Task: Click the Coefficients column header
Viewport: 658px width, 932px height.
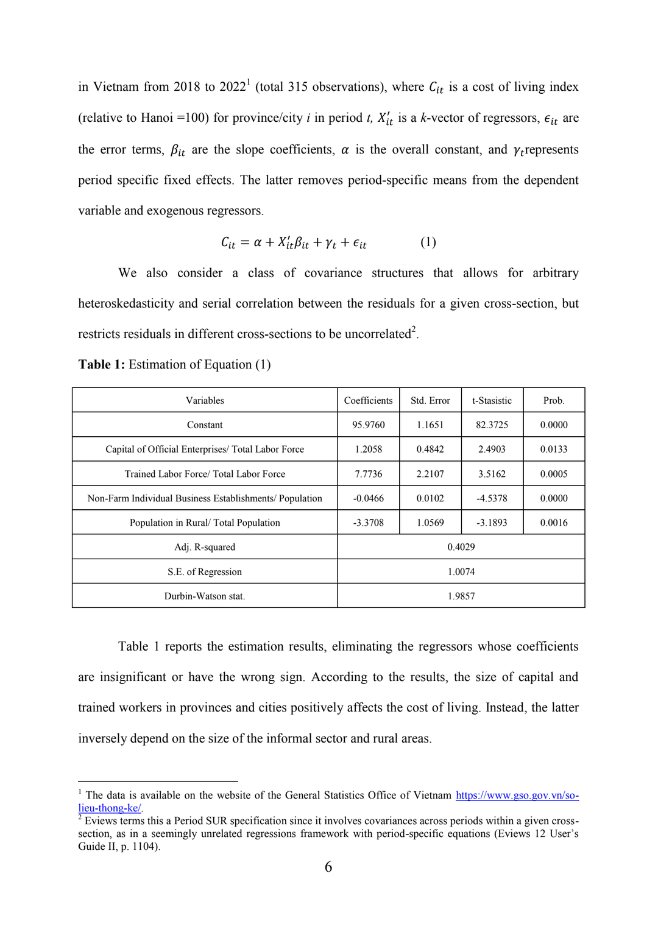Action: click(368, 400)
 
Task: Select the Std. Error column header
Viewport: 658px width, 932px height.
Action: click(430, 400)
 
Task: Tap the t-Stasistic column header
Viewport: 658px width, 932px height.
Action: click(492, 400)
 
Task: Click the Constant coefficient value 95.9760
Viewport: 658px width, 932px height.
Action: click(368, 425)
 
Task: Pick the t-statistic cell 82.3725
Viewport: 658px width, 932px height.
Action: click(492, 425)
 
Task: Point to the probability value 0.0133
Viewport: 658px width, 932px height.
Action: click(553, 449)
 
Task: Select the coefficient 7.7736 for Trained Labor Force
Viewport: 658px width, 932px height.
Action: click(368, 474)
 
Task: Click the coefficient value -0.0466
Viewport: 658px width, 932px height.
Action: click(368, 498)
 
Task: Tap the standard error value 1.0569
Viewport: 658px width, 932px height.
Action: click(430, 523)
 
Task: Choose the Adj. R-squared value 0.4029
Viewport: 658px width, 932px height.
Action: click(461, 547)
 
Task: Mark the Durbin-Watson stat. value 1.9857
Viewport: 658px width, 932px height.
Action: click(461, 596)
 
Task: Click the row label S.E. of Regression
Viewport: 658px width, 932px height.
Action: click(205, 571)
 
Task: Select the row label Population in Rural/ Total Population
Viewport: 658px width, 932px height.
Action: click(205, 523)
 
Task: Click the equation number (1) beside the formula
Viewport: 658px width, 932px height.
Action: click(428, 242)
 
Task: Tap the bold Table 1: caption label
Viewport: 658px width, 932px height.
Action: click(101, 364)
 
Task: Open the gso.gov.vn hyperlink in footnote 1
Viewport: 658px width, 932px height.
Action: click(517, 795)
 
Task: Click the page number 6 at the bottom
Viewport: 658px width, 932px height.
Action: click(328, 867)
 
